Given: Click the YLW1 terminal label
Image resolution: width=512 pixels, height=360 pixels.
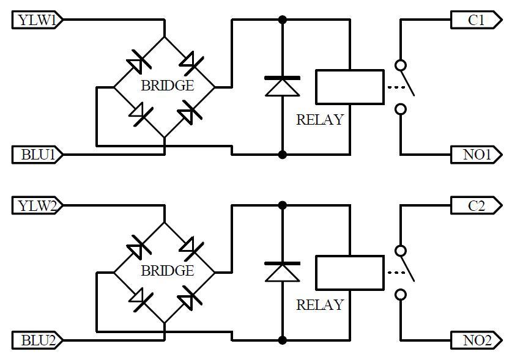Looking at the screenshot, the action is [x=37, y=20].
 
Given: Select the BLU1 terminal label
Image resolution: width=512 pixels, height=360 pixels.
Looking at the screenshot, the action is [x=37, y=155].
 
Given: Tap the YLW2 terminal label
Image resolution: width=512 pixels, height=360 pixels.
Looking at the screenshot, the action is [x=37, y=205].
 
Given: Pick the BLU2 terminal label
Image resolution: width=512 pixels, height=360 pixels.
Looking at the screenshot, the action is [x=37, y=340].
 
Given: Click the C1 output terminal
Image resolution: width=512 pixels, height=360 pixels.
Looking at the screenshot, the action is [x=476, y=20].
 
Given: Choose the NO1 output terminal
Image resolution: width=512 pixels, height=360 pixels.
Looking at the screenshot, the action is [x=476, y=155].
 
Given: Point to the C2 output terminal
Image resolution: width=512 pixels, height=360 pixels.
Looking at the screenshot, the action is [x=476, y=205].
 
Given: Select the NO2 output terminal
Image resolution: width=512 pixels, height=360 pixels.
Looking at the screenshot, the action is [x=476, y=340].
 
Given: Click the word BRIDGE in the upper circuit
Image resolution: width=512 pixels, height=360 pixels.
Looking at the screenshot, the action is [x=168, y=86].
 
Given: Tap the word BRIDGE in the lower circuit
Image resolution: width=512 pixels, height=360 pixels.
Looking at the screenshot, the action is [x=168, y=271].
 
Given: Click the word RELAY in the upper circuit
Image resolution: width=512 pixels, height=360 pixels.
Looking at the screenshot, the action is [x=320, y=120].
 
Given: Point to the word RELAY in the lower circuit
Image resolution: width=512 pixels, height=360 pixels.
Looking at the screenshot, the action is [x=320, y=305].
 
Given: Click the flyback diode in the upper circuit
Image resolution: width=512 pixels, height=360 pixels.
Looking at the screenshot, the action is [x=283, y=87].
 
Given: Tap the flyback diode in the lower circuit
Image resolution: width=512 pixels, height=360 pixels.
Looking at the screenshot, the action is [x=283, y=272].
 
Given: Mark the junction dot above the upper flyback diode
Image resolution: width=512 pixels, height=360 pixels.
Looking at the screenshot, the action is [x=283, y=20].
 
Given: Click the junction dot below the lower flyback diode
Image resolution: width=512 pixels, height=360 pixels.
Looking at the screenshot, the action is [x=283, y=340].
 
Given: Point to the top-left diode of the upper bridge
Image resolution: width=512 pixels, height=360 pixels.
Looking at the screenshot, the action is [x=138, y=62].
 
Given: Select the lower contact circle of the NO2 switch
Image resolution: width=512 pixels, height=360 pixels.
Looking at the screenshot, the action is [x=401, y=295].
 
